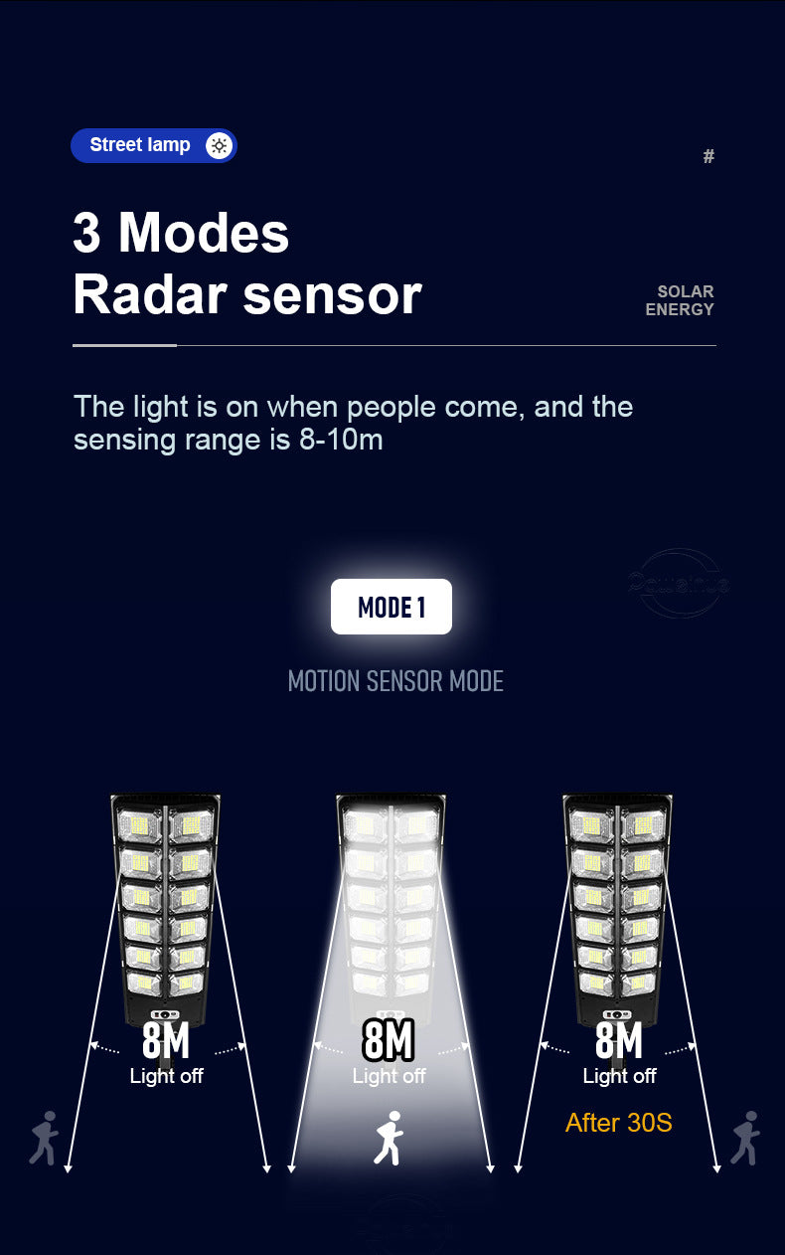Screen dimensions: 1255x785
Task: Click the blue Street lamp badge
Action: [153, 145]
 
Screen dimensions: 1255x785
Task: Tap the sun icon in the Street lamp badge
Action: [219, 145]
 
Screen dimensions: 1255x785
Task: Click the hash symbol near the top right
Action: [708, 156]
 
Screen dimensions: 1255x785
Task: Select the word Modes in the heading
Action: [204, 233]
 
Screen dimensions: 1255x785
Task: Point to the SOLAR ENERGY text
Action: [681, 300]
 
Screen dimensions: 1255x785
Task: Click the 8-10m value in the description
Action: [341, 440]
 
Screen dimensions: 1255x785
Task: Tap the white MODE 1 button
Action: [392, 607]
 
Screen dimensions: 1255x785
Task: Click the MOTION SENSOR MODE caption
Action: [395, 681]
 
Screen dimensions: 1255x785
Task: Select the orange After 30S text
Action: [618, 1123]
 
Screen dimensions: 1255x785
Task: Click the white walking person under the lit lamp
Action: [389, 1138]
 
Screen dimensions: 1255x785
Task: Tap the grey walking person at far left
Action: [44, 1138]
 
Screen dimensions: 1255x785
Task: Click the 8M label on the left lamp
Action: [165, 1040]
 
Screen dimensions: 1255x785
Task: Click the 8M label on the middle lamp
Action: [388, 1040]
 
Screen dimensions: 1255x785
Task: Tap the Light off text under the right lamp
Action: [619, 1076]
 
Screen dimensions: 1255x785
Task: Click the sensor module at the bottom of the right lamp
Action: [617, 1013]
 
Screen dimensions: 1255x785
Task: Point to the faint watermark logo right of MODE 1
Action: [678, 583]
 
